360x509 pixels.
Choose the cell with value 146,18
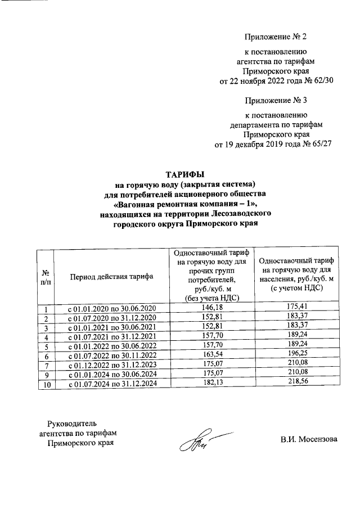[211, 308]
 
